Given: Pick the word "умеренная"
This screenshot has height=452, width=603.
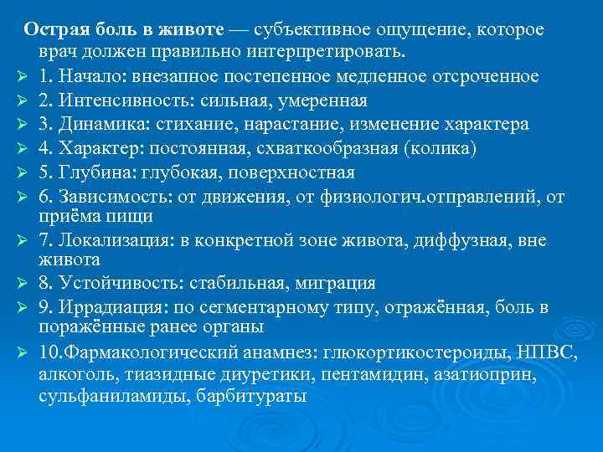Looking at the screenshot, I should click(x=324, y=101).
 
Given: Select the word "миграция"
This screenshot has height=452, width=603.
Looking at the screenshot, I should click(x=334, y=283).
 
